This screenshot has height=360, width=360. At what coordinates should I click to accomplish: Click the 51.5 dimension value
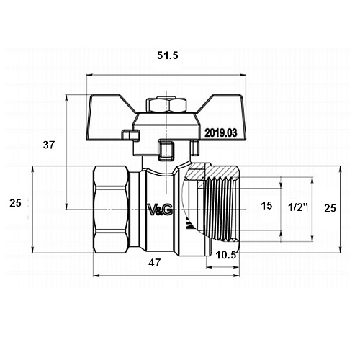pyautogui.click(x=168, y=55)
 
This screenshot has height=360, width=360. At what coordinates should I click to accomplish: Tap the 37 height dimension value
pyautogui.click(x=49, y=145)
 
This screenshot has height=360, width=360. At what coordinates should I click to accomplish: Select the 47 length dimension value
pyautogui.click(x=154, y=263)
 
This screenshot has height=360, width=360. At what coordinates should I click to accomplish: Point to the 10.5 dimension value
pyautogui.click(x=226, y=255)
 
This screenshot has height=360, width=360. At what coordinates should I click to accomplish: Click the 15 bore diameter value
pyautogui.click(x=266, y=206)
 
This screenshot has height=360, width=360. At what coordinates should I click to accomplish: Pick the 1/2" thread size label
pyautogui.click(x=298, y=207)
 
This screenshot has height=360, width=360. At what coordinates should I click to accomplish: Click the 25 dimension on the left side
pyautogui.click(x=15, y=203)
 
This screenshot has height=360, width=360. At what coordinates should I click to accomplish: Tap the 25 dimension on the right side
pyautogui.click(x=330, y=208)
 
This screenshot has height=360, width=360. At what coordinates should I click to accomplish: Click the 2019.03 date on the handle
pyautogui.click(x=220, y=132)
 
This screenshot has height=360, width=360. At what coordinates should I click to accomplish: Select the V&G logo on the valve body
pyautogui.click(x=160, y=210)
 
